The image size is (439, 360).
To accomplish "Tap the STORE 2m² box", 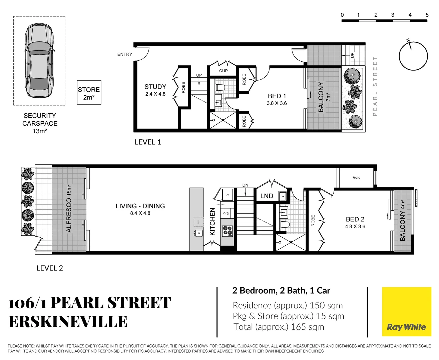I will click(x=89, y=93).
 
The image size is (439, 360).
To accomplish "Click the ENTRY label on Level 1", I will click(x=124, y=54).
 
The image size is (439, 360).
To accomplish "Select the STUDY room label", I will click(x=155, y=87).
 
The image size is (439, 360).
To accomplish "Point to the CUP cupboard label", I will click(x=223, y=71).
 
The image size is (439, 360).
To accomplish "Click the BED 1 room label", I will click(x=277, y=96).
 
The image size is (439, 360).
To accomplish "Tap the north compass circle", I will click(x=413, y=56).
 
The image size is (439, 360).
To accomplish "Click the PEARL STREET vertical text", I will click(x=375, y=86).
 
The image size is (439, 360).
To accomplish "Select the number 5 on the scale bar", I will click(x=427, y=15).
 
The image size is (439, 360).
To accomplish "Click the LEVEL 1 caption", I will click(x=147, y=142).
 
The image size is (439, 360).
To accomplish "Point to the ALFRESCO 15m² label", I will click(x=69, y=208).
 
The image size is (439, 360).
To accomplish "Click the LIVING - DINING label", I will click(x=140, y=206).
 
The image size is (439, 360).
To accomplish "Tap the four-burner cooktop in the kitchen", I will click(x=228, y=230).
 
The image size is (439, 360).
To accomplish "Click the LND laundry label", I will click(x=267, y=196).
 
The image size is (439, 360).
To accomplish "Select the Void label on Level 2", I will click(x=356, y=177).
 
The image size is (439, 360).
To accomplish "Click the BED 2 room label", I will click(x=355, y=219).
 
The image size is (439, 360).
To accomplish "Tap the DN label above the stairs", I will click(x=245, y=185).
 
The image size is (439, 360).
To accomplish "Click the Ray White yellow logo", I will click(x=406, y=311).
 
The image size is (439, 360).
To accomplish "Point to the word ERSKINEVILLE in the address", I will click(x=68, y=322).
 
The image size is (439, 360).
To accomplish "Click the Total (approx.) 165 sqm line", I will click(x=279, y=327).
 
